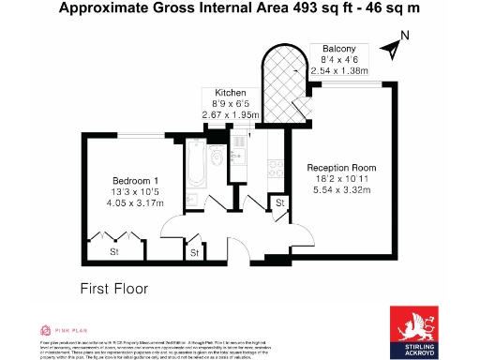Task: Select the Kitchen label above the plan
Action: tap(230, 93)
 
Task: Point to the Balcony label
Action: tap(338, 49)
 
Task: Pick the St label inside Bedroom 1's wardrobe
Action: tap(114, 252)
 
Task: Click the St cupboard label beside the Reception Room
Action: tap(278, 203)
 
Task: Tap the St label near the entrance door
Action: tap(194, 252)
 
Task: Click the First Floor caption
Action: tap(113, 289)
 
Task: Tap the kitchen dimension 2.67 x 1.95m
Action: tap(231, 114)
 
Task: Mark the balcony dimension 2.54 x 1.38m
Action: tap(339, 70)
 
